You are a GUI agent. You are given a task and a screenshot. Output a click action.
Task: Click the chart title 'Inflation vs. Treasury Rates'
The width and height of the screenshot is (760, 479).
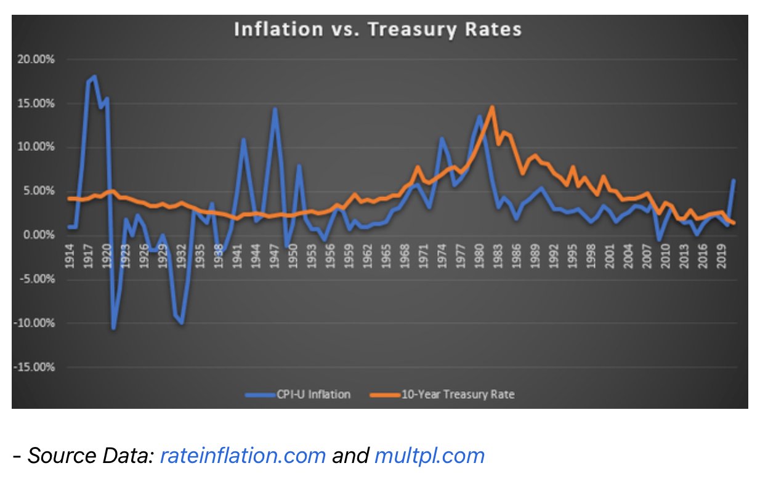tap(378, 30)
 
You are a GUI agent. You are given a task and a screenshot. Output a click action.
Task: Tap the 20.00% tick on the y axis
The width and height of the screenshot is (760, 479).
tap(39, 60)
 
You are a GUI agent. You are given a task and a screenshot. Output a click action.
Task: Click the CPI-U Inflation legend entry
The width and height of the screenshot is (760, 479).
tap(297, 394)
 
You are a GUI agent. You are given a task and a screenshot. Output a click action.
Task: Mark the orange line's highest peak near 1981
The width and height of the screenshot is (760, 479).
tap(492, 107)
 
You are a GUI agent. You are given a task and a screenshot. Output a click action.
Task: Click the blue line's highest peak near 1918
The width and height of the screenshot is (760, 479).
tap(94, 76)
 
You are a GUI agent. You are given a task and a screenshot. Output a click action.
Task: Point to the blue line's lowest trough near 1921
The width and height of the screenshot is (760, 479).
tap(113, 328)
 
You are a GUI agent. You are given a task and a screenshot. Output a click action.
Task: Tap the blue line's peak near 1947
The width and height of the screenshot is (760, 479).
tap(275, 109)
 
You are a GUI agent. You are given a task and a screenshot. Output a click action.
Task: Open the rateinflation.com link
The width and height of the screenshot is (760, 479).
tap(243, 456)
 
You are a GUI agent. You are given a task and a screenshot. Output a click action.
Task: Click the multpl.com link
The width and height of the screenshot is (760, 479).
tap(429, 456)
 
